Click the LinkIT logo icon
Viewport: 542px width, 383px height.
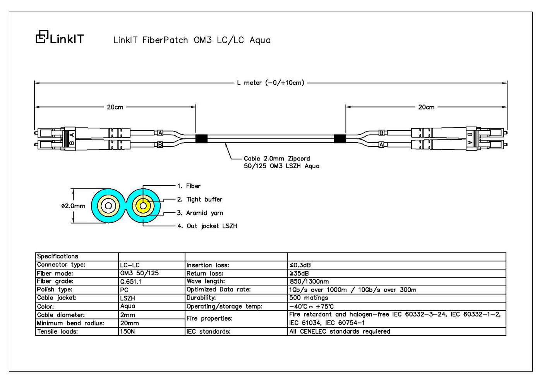(x=42, y=37)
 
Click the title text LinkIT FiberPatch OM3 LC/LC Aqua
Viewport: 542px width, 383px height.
(x=192, y=40)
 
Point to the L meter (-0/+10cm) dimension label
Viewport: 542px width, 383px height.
(x=270, y=83)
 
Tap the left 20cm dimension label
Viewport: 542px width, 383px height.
(x=115, y=107)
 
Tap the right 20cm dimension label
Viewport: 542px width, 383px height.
(x=426, y=107)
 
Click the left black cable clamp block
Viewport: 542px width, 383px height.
(x=201, y=139)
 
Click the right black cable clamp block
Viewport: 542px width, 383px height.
(x=340, y=139)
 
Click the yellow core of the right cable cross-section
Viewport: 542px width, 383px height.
(x=143, y=206)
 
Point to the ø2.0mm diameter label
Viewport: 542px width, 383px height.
(x=73, y=206)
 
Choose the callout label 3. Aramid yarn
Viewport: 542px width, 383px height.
(x=200, y=213)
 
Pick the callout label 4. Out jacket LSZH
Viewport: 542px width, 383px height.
(x=208, y=226)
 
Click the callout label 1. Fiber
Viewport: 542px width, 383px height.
(x=189, y=186)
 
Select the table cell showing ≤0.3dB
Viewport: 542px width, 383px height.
(x=300, y=265)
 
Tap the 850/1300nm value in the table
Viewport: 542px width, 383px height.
(x=309, y=282)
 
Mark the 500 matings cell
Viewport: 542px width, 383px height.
(x=309, y=298)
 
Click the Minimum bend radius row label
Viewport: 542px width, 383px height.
(x=70, y=323)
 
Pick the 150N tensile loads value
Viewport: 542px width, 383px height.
(x=127, y=331)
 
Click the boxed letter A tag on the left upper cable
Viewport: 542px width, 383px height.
(x=160, y=133)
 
